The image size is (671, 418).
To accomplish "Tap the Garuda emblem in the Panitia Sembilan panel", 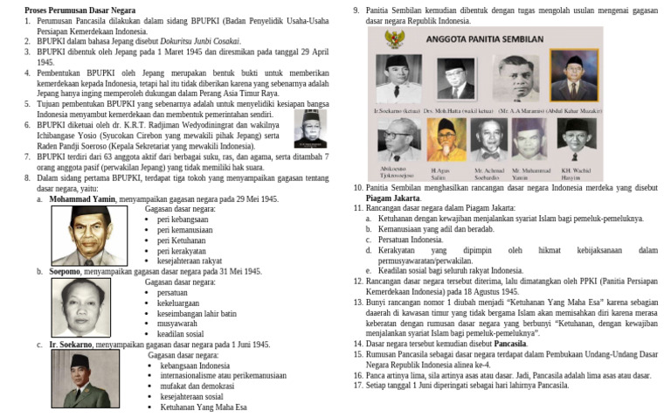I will pyautogui.click(x=394, y=38).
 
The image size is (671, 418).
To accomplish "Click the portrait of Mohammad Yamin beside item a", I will pyautogui.click(x=89, y=235).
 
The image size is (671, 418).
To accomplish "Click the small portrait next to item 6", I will pyautogui.click(x=310, y=129).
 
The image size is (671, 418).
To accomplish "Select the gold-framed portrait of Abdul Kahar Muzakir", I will pyautogui.click(x=574, y=77).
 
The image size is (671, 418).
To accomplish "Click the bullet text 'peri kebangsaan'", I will pyautogui.click(x=183, y=219).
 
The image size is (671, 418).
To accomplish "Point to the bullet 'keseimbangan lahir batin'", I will pyautogui.click(x=197, y=313).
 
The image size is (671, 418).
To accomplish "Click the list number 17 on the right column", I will pyautogui.click(x=358, y=386).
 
